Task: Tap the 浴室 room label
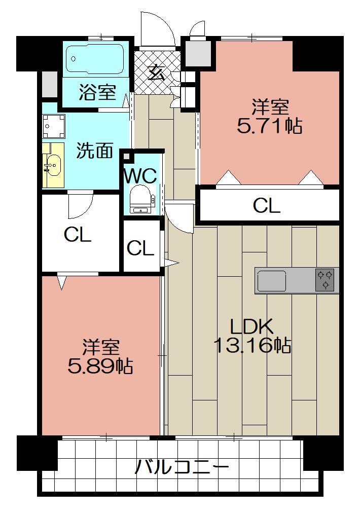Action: pos(97,92)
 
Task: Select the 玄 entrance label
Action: pos(157,74)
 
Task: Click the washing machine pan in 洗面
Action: pos(54,126)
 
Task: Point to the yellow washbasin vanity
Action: pos(52,165)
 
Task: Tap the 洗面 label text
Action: pos(95,151)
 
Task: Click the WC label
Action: pos(140,176)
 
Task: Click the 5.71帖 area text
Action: pos(269,126)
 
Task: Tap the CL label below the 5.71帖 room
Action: pos(267,206)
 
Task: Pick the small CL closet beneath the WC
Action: pos(140,248)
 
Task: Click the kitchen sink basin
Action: pos(272,280)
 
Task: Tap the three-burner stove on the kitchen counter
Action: pos(325,280)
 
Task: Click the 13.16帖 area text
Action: pos(251,346)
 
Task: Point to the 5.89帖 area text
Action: pos(100,366)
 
